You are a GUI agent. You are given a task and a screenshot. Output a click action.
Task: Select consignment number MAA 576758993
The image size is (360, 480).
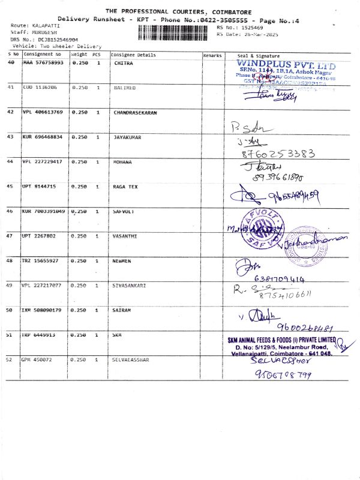(x=43, y=63)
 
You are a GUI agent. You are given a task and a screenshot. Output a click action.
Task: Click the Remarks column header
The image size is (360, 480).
(x=212, y=55)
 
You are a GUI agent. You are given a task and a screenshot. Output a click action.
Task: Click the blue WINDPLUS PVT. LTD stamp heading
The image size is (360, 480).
(x=286, y=64)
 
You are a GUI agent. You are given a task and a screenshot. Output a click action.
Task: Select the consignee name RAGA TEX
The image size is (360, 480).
(x=125, y=187)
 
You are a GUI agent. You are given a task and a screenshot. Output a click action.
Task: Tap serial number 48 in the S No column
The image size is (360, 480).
(x=10, y=261)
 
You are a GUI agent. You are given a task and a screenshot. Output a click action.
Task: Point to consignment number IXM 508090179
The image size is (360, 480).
(x=43, y=310)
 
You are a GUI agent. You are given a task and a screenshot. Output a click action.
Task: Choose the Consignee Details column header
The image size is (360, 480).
(x=133, y=55)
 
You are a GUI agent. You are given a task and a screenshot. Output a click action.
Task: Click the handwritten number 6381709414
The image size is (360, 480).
(x=280, y=278)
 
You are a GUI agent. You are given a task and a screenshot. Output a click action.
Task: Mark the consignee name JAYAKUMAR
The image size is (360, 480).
(x=127, y=137)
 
